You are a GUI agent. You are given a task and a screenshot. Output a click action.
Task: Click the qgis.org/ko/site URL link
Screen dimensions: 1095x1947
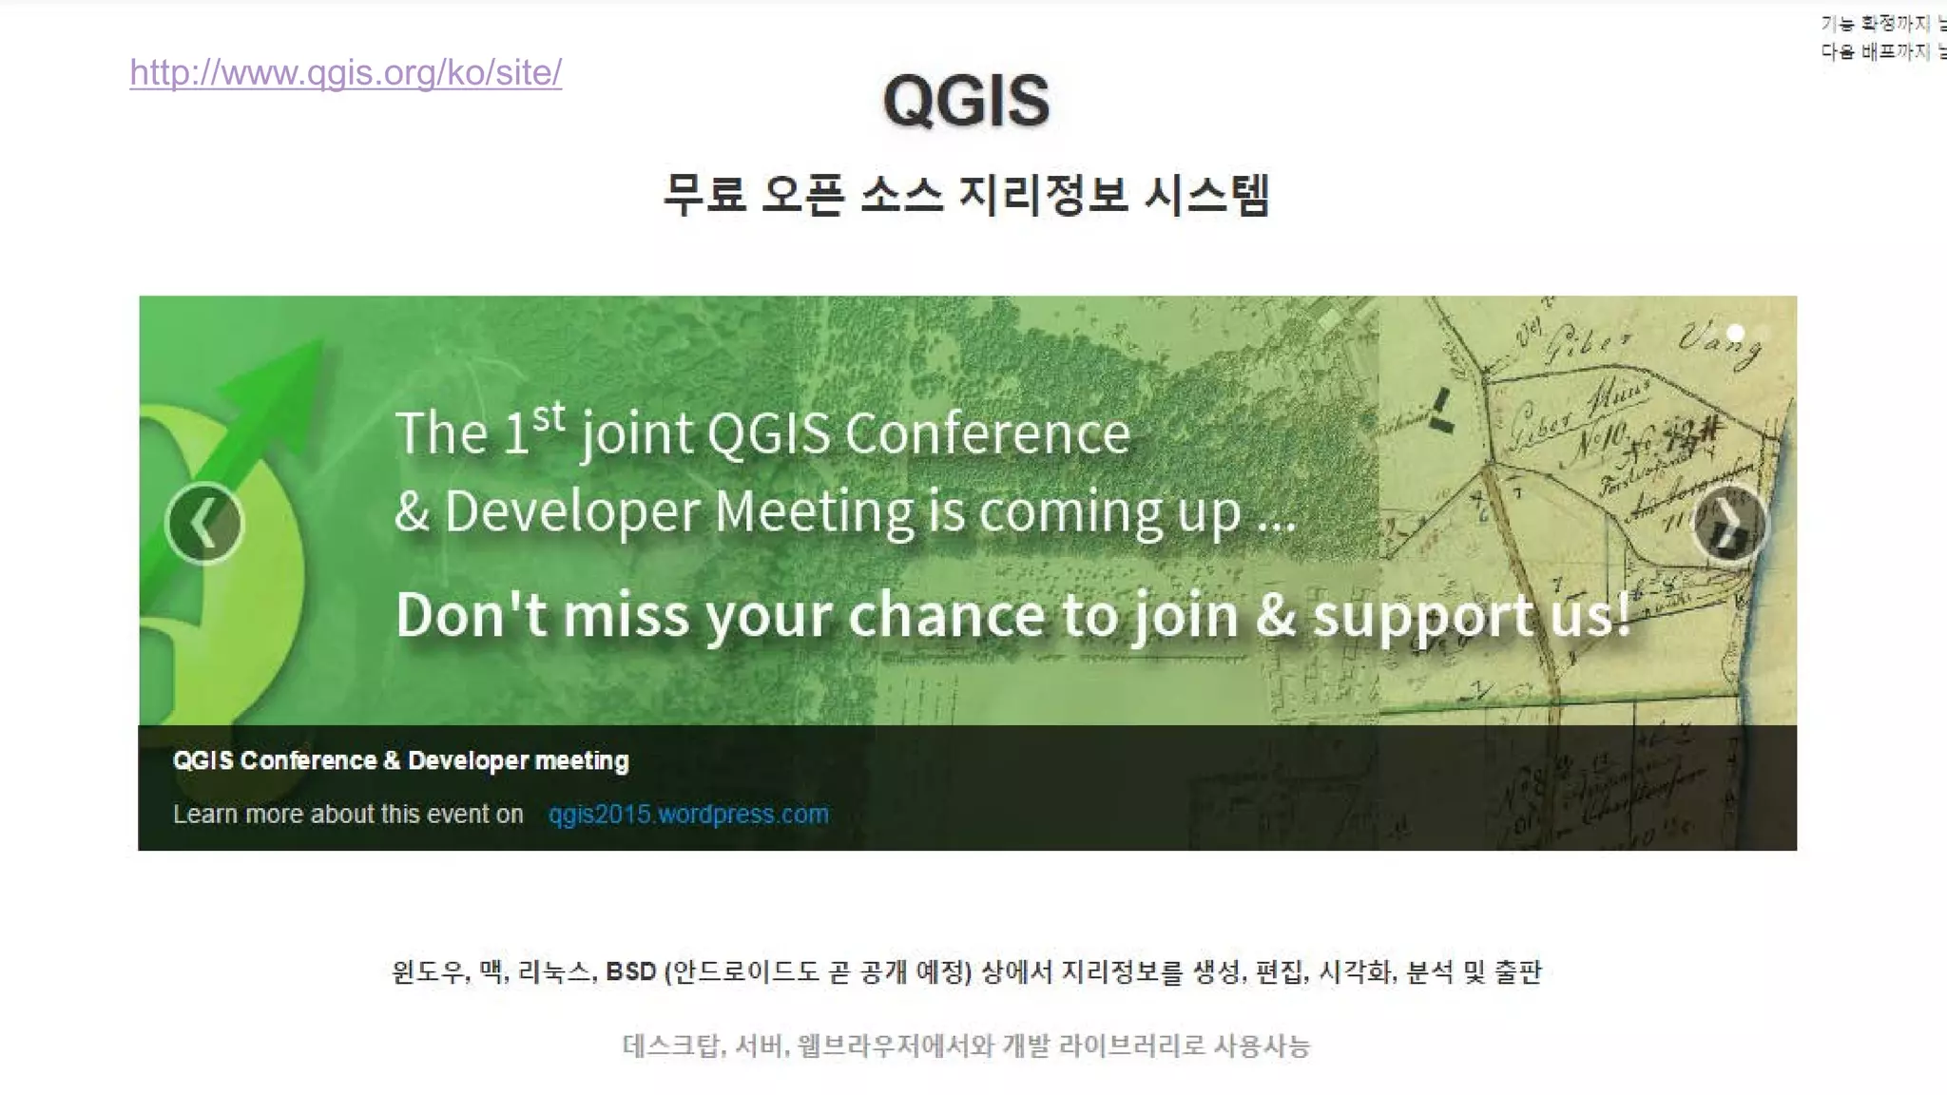(x=345, y=73)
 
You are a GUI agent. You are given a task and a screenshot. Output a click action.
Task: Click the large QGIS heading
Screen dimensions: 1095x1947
(x=966, y=101)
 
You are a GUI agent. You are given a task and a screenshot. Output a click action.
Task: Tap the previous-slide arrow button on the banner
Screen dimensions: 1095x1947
(x=204, y=524)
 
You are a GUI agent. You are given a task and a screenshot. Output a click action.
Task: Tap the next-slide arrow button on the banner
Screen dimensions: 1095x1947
(x=1729, y=525)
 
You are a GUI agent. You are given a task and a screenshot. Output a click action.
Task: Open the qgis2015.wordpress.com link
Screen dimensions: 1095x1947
(x=687, y=815)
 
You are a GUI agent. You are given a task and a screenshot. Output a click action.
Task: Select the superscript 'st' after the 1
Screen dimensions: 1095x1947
(x=549, y=416)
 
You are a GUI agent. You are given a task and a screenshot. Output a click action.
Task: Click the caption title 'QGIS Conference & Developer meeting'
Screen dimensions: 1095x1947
(x=400, y=760)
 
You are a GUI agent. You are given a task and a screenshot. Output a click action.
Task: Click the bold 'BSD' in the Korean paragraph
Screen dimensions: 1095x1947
(x=631, y=971)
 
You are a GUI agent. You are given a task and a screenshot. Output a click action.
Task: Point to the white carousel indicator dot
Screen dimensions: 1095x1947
(x=1735, y=333)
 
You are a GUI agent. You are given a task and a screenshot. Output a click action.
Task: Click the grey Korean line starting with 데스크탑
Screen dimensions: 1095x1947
(x=966, y=1046)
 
